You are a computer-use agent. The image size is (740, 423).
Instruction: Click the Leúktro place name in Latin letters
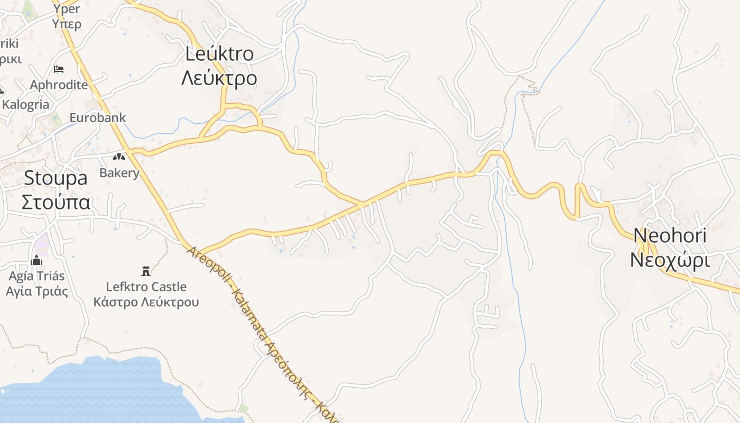click(219, 53)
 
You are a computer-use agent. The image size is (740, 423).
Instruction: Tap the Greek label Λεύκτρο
click(219, 78)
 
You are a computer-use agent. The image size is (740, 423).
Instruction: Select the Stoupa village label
click(55, 178)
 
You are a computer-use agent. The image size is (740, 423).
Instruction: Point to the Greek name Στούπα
click(56, 202)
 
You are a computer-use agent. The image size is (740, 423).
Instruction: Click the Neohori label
click(670, 235)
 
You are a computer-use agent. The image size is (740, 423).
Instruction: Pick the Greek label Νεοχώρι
click(670, 260)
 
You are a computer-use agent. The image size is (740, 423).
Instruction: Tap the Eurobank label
click(98, 117)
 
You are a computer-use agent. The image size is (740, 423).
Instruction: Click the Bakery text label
click(119, 173)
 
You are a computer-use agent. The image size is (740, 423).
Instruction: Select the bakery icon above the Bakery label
click(119, 157)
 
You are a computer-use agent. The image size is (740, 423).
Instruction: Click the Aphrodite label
click(59, 85)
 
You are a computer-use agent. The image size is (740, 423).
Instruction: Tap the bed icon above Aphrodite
click(59, 69)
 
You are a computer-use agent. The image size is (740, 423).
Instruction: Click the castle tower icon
click(146, 271)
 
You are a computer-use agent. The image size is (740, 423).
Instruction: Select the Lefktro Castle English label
click(146, 287)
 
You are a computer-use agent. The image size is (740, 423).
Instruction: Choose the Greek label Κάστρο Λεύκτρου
click(146, 302)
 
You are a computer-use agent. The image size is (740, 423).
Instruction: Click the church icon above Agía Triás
click(36, 260)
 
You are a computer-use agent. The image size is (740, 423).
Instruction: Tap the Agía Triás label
click(36, 275)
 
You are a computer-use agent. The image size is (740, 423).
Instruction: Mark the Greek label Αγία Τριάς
click(36, 291)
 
